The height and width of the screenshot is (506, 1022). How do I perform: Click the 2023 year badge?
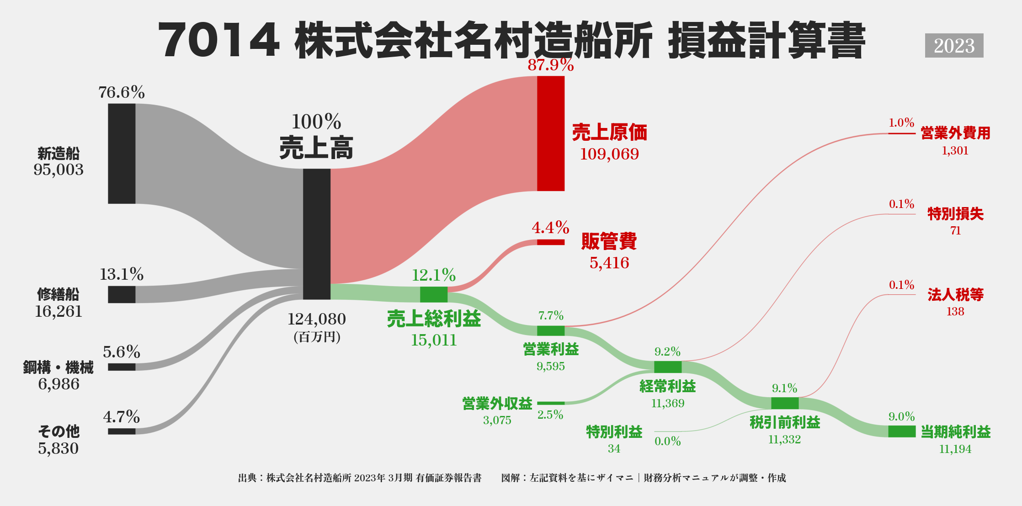click(954, 46)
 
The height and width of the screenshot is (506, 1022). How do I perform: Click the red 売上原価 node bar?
click(551, 133)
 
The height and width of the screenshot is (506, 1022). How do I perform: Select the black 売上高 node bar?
click(317, 234)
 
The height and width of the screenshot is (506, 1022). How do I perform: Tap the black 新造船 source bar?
click(122, 154)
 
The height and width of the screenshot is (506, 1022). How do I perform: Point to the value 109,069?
click(609, 154)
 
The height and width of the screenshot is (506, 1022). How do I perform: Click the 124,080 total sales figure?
click(317, 319)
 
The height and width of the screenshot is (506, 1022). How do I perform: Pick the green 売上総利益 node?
click(434, 294)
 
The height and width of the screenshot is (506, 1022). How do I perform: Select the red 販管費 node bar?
click(551, 242)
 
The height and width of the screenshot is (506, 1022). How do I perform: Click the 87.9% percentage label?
click(551, 65)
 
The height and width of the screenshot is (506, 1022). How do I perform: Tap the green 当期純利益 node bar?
click(902, 431)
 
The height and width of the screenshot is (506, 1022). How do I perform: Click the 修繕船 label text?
click(59, 294)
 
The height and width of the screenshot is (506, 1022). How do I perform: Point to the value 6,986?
click(59, 384)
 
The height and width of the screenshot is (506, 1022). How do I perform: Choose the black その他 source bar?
click(122, 431)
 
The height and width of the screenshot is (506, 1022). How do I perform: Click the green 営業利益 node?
click(551, 330)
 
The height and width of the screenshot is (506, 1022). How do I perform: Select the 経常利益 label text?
click(668, 386)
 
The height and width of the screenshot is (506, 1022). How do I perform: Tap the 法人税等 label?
click(955, 295)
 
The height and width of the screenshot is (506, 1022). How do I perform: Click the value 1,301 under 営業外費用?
click(955, 151)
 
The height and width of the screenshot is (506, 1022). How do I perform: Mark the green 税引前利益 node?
click(785, 403)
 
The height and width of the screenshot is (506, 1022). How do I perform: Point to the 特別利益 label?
click(614, 431)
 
